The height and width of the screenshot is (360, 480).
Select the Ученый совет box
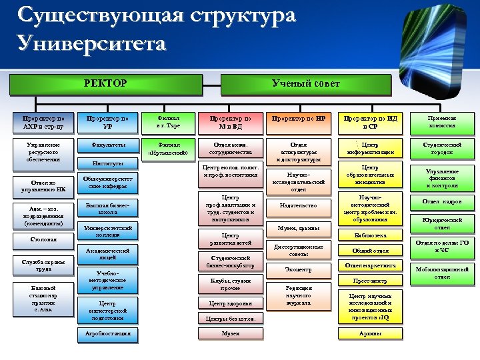[306, 83]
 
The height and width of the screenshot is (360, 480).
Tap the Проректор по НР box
[298, 118]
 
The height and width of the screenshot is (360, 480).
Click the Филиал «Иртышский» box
[167, 147]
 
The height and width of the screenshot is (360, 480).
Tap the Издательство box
[298, 206]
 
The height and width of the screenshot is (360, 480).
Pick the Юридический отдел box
[441, 223]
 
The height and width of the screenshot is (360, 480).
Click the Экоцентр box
[298, 270]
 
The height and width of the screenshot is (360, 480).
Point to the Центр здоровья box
[231, 303]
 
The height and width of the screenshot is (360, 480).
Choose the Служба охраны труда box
[44, 265]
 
